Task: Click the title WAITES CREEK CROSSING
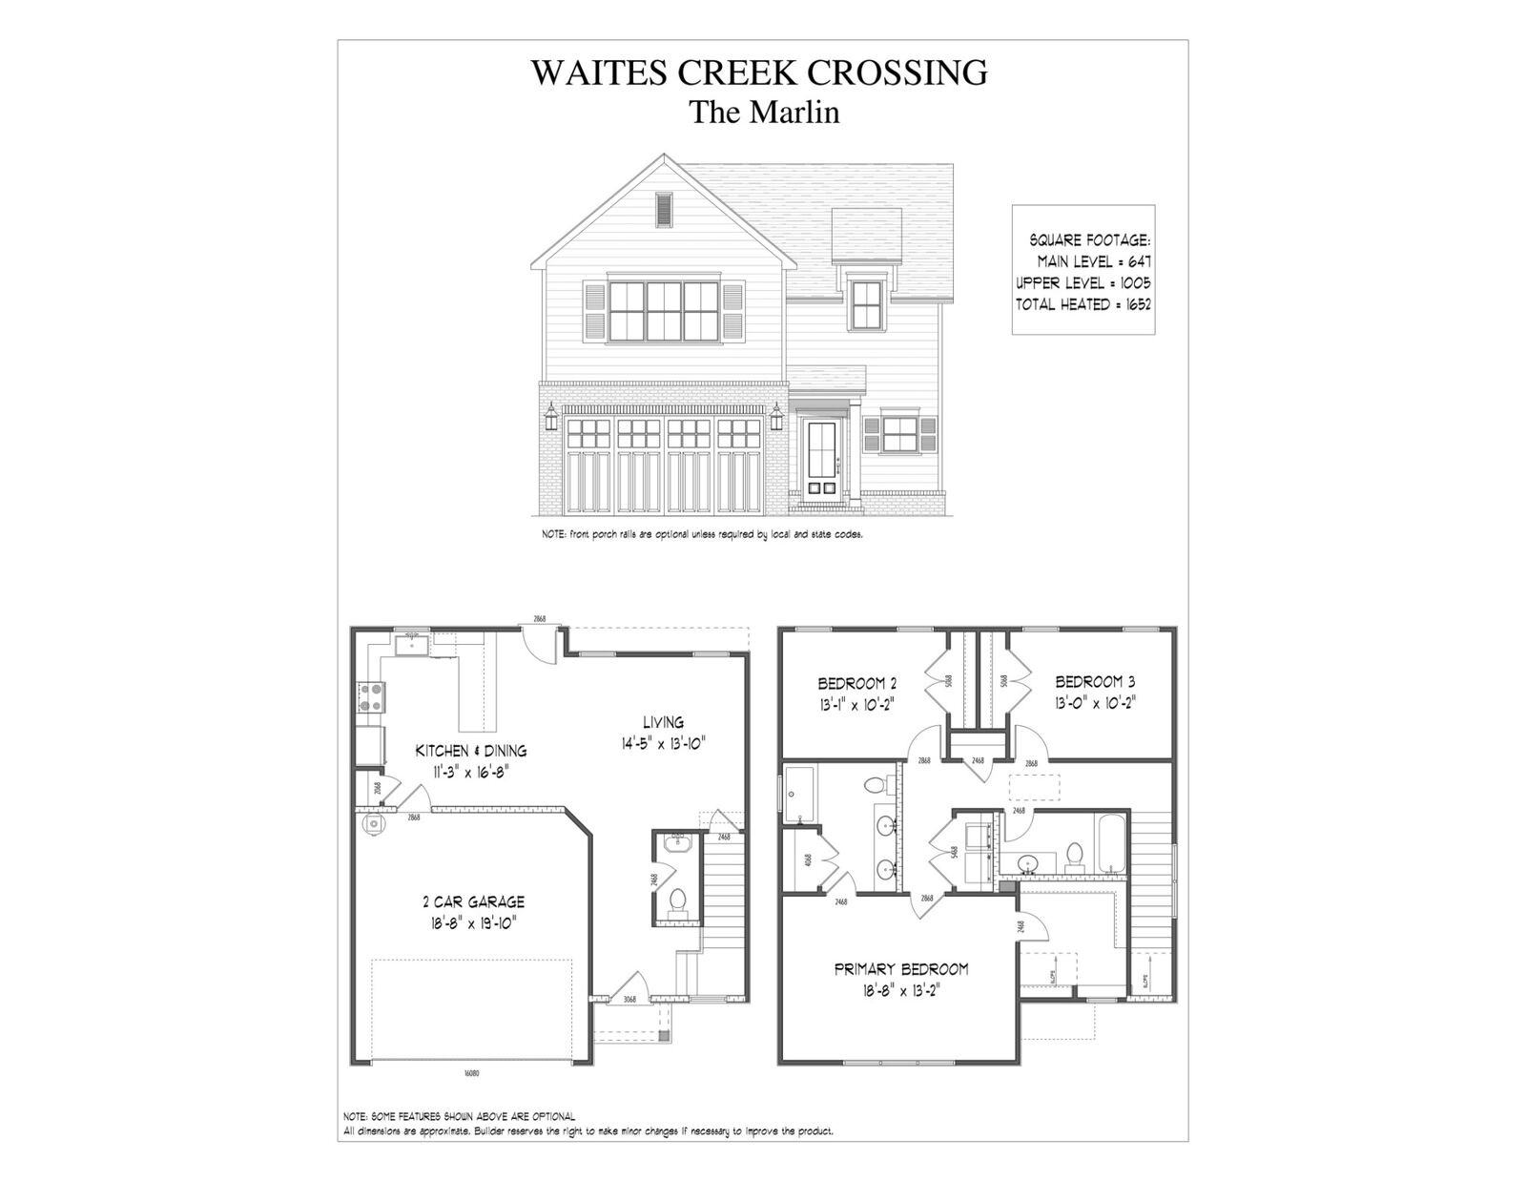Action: click(758, 72)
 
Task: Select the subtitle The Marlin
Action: click(764, 113)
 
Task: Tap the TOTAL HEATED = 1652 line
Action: click(1083, 305)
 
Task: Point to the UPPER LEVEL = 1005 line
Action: click(1083, 283)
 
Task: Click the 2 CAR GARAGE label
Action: click(473, 901)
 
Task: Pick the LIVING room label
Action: click(663, 722)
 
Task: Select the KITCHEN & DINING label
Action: click(470, 751)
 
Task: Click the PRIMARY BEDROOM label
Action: click(901, 969)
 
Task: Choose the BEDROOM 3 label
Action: click(1095, 682)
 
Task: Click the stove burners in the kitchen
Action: click(370, 696)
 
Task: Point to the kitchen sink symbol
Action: click(413, 646)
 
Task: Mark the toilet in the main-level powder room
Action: click(679, 900)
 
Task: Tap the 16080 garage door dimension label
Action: click(471, 1073)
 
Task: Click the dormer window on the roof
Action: click(866, 303)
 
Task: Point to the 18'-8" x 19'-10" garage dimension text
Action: click(473, 922)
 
